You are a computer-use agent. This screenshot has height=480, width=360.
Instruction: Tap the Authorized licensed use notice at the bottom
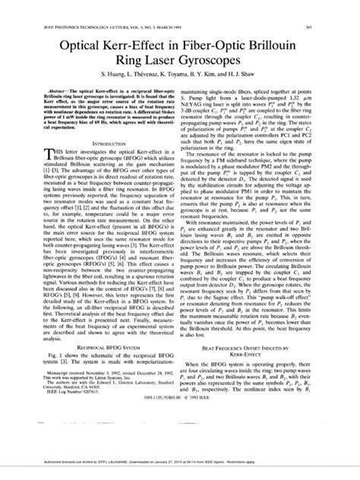coord(179,471)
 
